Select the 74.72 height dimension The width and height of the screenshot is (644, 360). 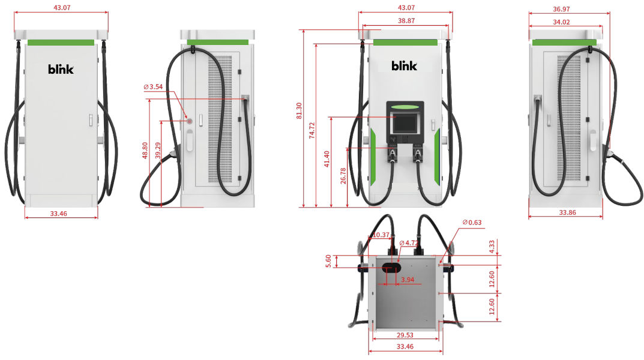pos(312,131)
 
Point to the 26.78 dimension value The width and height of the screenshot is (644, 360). pos(342,177)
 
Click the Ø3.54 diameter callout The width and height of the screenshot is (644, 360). pos(154,87)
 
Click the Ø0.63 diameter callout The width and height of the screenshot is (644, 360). pos(472,223)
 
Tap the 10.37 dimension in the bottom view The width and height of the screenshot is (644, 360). pos(381,235)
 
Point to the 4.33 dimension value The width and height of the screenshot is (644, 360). pos(492,246)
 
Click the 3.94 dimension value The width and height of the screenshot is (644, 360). pos(408,280)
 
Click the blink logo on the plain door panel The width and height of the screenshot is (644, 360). pos(61,69)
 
